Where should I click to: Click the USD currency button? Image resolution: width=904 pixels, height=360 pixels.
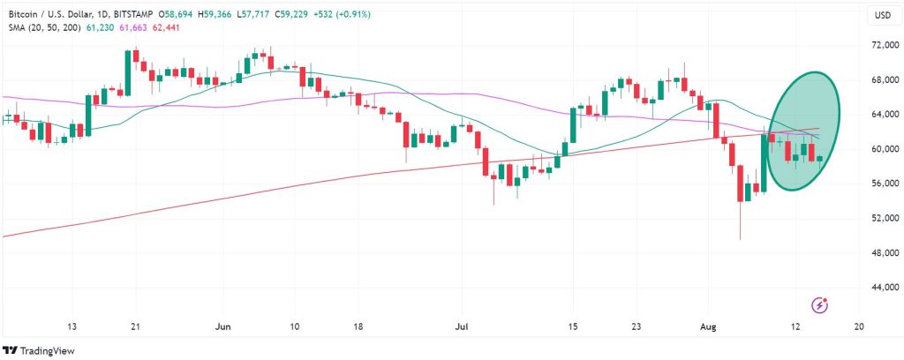click(x=882, y=16)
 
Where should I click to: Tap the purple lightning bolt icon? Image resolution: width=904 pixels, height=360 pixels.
click(x=822, y=305)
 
